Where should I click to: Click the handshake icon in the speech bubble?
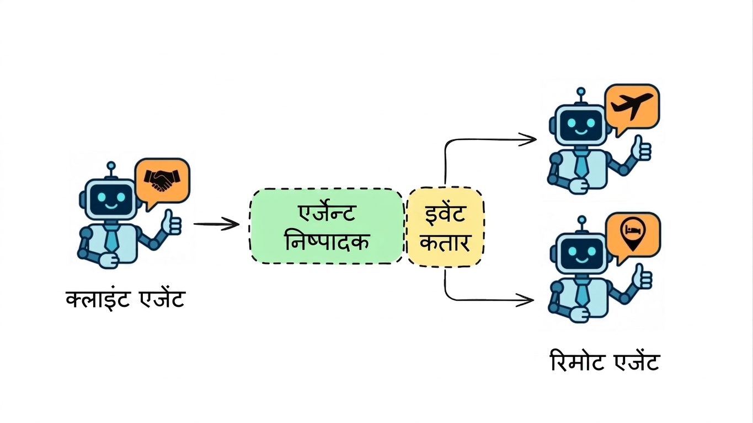[x=162, y=181]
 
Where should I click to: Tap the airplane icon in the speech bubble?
[x=632, y=106]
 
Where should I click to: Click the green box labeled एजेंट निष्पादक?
[x=327, y=226]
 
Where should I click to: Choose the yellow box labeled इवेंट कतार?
[x=445, y=227]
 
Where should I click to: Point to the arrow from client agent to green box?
[x=216, y=224]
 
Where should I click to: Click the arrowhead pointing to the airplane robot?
[x=527, y=139]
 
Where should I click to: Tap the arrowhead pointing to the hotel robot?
[x=525, y=300]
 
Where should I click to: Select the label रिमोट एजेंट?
[x=605, y=361]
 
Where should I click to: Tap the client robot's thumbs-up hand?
[x=172, y=223]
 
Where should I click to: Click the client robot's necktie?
[x=111, y=238]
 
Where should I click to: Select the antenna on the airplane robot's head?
[x=580, y=95]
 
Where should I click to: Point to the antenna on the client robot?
[x=111, y=170]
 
